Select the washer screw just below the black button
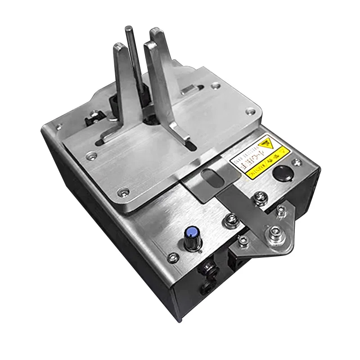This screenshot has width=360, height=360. point(260,196)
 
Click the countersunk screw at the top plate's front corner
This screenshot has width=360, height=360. point(121,193)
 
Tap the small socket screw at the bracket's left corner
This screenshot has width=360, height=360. point(243,243)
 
